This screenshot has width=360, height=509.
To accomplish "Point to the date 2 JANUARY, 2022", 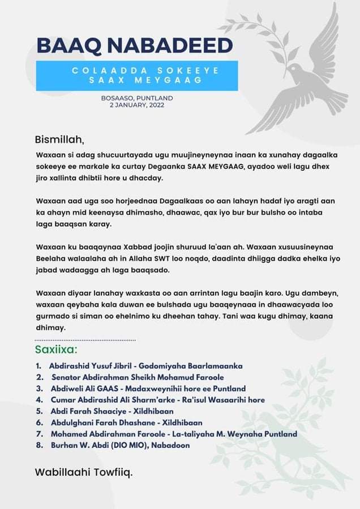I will tap(137, 105).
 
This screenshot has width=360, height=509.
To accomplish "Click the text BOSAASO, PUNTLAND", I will tap(137, 98).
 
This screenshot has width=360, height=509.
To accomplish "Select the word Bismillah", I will tap(59, 139).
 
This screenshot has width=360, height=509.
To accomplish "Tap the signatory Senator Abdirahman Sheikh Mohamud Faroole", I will tap(138, 377).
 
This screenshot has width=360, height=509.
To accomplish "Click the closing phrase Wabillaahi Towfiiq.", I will tap(83, 472).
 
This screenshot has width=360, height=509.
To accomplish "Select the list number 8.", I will tap(38, 445).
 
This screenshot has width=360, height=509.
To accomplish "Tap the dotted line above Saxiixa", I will tap(85, 340).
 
